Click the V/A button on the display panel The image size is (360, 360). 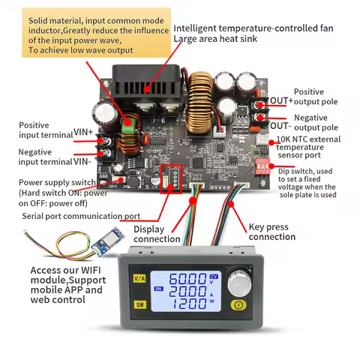pyautogui.click(x=139, y=277)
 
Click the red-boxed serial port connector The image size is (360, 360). pyautogui.click(x=172, y=178)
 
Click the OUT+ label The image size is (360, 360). pyautogui.click(x=282, y=100)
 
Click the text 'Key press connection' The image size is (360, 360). pyautogui.click(x=271, y=231)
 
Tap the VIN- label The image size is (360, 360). pyautogui.click(x=83, y=160)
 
